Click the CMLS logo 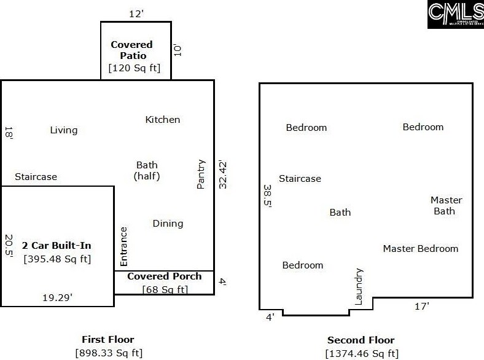pyautogui.click(x=455, y=14)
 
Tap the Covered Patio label pyautogui.click(x=132, y=50)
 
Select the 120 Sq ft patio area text pyautogui.click(x=135, y=68)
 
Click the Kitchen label pyautogui.click(x=163, y=119)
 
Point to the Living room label pyautogui.click(x=64, y=130)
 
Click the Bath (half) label pyautogui.click(x=147, y=170)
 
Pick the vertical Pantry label pyautogui.click(x=201, y=174)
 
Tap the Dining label pyautogui.click(x=168, y=224)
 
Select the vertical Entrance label pyautogui.click(x=123, y=246)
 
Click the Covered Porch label pyautogui.click(x=164, y=276)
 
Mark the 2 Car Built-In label pyautogui.click(x=57, y=245)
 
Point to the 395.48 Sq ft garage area pyautogui.click(x=57, y=259)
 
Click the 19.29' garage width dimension pyautogui.click(x=58, y=297)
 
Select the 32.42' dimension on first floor pyautogui.click(x=223, y=174)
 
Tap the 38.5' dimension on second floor pyautogui.click(x=267, y=197)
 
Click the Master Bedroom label pyautogui.click(x=421, y=249)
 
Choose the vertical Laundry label pyautogui.click(x=359, y=286)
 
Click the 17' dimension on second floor pyautogui.click(x=421, y=306)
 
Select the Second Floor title pyautogui.click(x=361, y=340)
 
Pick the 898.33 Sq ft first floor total pyautogui.click(x=108, y=353)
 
